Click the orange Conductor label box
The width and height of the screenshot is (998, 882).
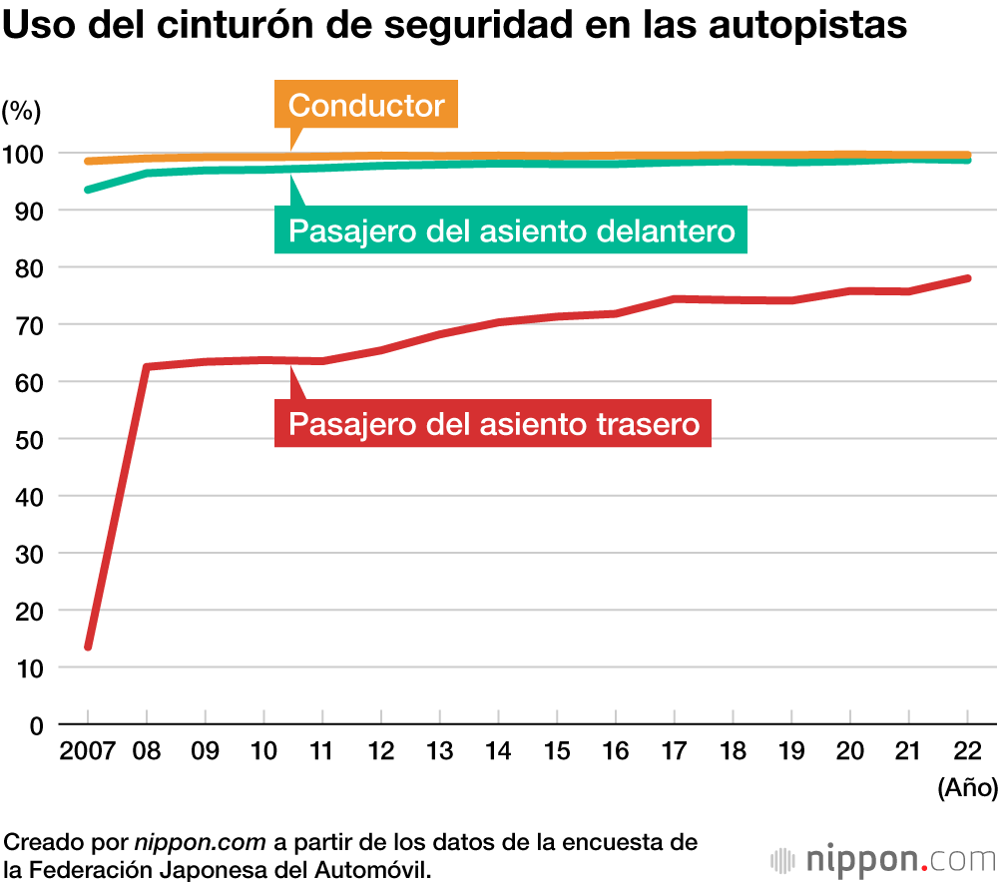pyautogui.click(x=366, y=105)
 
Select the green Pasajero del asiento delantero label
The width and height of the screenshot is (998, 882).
pyautogui.click(x=511, y=231)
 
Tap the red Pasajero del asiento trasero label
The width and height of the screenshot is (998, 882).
pyautogui.click(x=493, y=423)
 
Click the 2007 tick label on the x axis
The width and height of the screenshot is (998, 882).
pyautogui.click(x=88, y=750)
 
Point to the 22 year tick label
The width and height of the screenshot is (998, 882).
pyautogui.click(x=967, y=750)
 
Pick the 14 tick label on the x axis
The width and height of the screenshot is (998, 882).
pyautogui.click(x=498, y=750)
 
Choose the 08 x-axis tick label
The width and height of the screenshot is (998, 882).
pyautogui.click(x=147, y=750)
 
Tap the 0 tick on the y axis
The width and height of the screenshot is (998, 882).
pyautogui.click(x=36, y=724)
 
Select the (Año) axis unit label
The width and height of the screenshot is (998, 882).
pyautogui.click(x=966, y=788)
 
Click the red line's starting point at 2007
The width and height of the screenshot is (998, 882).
pyautogui.click(x=88, y=647)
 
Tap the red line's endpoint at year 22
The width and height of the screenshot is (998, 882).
pyautogui.click(x=967, y=278)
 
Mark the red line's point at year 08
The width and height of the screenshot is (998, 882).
pyautogui.click(x=147, y=367)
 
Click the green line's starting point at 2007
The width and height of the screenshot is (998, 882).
pyautogui.click(x=88, y=190)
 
